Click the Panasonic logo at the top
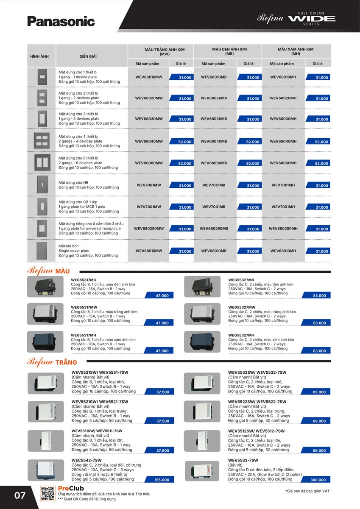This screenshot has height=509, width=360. click(x=61, y=21)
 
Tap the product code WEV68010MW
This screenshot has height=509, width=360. click(x=149, y=77)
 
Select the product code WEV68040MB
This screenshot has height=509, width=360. click(x=214, y=141)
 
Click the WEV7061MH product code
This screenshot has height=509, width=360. click(x=283, y=185)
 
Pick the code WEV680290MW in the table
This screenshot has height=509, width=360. click(x=149, y=228)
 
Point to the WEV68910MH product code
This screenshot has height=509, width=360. click(x=283, y=251)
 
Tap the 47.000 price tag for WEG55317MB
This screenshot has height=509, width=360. click(x=162, y=295)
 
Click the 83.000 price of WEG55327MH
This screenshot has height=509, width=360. click(x=319, y=351)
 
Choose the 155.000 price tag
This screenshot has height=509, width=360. click(x=162, y=480)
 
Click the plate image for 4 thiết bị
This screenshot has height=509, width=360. click(x=42, y=140)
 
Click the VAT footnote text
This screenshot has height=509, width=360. click(x=307, y=491)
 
